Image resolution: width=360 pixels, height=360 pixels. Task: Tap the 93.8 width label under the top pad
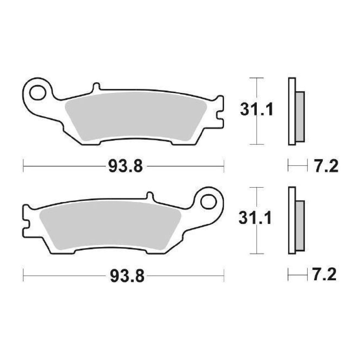pyautogui.click(x=126, y=167)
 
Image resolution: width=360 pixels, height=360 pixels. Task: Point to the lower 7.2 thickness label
pyautogui.click(x=324, y=275)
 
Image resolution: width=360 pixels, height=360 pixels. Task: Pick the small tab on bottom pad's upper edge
pyautogui.click(x=150, y=196)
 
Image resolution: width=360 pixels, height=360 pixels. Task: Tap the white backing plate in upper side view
pyautogui.click(x=292, y=111)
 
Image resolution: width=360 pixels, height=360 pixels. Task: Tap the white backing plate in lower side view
pyautogui.click(x=292, y=221)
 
